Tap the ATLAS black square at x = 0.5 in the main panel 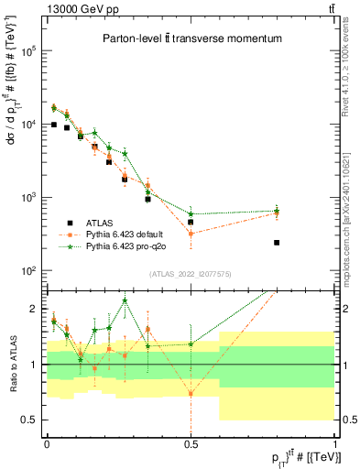[191, 222]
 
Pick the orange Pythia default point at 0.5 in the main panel [191, 234]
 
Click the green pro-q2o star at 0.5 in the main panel [191, 213]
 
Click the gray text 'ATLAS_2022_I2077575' [190, 274]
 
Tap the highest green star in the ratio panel [125, 300]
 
